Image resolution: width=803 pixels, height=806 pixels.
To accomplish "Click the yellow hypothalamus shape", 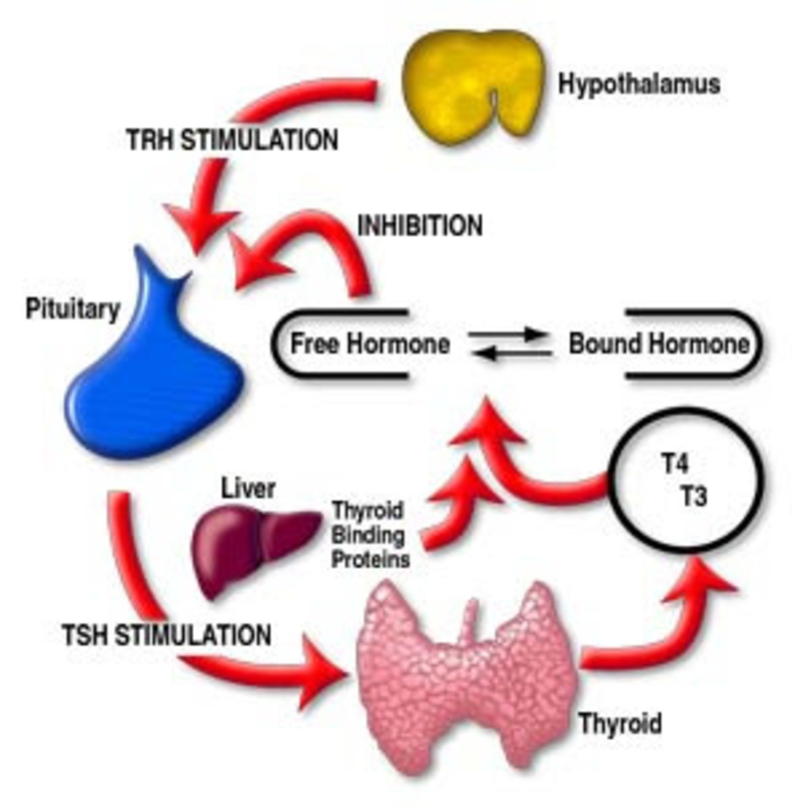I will tap(470, 84).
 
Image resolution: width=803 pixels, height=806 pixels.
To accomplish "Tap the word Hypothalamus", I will tap(639, 85).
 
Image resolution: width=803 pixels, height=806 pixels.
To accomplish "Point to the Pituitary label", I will tap(73, 310).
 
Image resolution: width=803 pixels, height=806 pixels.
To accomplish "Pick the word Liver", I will tap(248, 488).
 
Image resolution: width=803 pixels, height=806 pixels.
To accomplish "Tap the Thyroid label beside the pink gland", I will tap(620, 723).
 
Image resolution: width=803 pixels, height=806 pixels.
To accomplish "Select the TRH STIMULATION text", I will tap(232, 141).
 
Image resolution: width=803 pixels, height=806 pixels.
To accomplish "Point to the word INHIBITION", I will tap(420, 226).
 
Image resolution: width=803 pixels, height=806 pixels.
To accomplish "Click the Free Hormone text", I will tap(370, 344).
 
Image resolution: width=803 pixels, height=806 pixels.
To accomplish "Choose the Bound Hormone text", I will tap(659, 344).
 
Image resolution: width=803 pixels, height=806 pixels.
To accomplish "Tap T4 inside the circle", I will tap(674, 465).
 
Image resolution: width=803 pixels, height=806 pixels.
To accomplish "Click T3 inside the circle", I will tap(694, 498).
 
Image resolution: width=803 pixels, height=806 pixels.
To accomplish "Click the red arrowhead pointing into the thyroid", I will tap(322, 672).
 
